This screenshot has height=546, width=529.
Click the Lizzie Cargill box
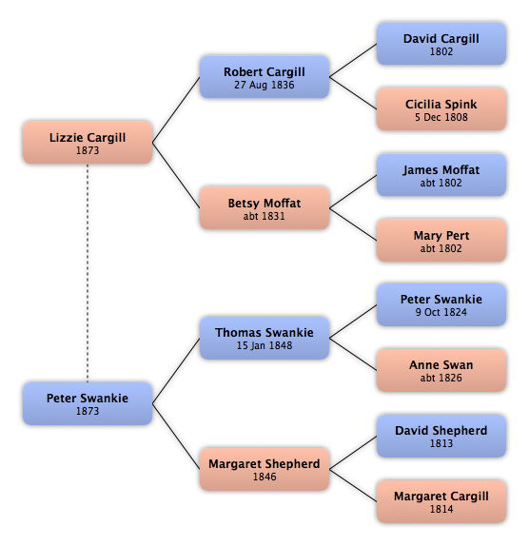tap(88, 143)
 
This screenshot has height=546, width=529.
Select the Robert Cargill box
tap(264, 77)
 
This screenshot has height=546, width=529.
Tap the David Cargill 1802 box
tap(441, 44)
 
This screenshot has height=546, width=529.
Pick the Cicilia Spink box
tap(441, 109)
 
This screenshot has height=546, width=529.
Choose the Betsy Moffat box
tap(264, 208)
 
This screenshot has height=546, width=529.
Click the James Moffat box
tap(441, 175)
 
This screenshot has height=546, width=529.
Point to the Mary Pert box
tap(441, 241)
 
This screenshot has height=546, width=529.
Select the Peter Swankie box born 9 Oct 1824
tap(441, 305)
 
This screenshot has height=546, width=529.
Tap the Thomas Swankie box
tap(264, 338)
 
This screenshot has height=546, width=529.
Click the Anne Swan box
tap(441, 371)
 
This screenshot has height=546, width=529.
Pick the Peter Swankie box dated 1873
tap(88, 403)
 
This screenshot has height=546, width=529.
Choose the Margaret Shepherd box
tap(264, 469)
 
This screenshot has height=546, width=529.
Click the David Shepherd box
tap(441, 436)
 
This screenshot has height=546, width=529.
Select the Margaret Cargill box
tap(441, 502)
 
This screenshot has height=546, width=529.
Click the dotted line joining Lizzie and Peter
tap(88, 273)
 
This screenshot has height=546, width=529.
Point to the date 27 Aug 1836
tap(264, 85)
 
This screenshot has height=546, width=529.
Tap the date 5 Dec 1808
tap(441, 117)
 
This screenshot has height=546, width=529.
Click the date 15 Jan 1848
tap(264, 346)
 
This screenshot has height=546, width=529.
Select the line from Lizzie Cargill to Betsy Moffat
tap(176, 175)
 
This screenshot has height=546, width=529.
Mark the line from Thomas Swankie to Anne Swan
tap(353, 354)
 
